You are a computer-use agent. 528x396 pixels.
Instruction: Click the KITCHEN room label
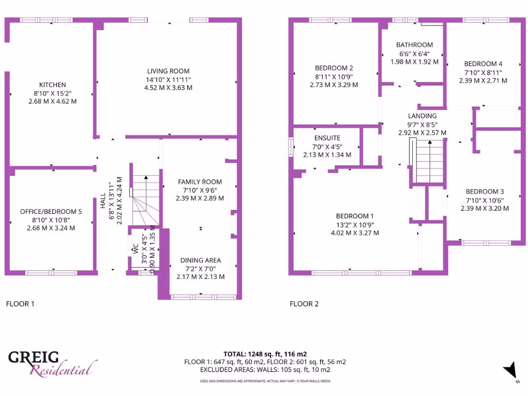point(53,85)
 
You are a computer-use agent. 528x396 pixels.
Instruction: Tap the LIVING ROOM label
point(168,71)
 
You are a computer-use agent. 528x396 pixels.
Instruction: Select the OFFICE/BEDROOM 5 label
point(51,211)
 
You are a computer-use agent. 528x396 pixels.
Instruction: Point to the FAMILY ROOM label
point(200,181)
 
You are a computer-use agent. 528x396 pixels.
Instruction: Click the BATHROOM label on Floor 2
point(415,45)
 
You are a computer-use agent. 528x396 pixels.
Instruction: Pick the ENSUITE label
point(327,138)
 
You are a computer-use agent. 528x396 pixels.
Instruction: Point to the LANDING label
point(422,116)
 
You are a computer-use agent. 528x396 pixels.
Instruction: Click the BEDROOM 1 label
point(355,216)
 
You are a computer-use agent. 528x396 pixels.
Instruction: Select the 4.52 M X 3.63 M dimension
point(168,88)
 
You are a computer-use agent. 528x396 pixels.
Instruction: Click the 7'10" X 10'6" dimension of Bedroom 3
point(485,200)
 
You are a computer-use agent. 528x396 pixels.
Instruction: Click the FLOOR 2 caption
point(304,304)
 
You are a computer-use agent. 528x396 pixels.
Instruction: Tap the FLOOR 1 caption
point(20,304)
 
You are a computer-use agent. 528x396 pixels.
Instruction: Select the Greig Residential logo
point(52,363)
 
